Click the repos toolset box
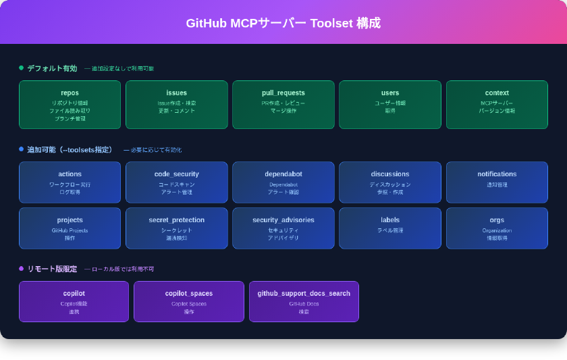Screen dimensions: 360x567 (70, 105)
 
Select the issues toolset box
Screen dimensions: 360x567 (176, 105)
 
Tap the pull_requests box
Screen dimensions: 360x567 (283, 105)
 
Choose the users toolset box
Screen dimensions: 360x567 (390, 105)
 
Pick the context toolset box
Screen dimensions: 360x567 (497, 105)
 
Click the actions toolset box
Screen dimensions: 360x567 (70, 182)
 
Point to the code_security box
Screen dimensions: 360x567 (176, 182)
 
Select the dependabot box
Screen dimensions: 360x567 (283, 182)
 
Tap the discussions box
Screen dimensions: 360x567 (390, 182)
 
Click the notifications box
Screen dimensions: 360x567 (497, 182)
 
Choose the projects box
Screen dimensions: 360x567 (70, 228)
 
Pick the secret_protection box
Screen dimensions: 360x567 (176, 228)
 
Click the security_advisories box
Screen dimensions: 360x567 (283, 228)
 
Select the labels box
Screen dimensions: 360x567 (390, 228)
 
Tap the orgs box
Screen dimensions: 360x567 (497, 228)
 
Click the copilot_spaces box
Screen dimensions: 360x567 (189, 301)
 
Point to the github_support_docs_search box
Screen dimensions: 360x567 (304, 301)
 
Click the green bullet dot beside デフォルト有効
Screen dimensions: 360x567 (21, 68)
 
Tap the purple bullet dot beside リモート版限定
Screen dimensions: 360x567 (21, 268)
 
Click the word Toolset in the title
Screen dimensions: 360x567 (333, 23)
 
